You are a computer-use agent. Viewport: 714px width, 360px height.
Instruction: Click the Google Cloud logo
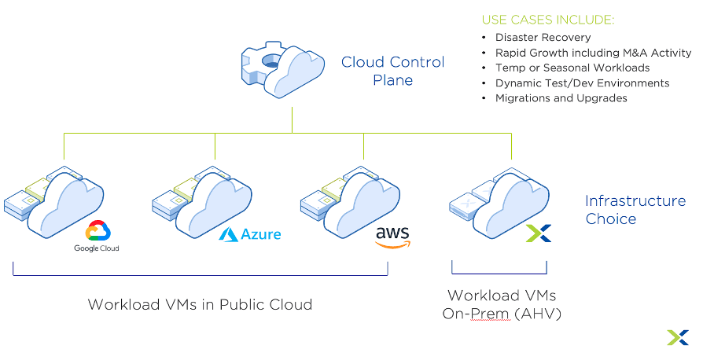point(97,236)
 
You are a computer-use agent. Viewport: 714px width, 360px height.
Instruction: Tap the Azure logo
point(249,234)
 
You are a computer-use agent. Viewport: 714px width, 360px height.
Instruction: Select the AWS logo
point(392,237)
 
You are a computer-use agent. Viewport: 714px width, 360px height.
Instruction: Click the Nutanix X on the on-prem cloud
point(538,233)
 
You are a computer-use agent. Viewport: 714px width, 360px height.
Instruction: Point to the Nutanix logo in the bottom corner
point(677,337)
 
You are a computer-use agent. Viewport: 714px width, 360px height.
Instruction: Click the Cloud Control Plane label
point(392,71)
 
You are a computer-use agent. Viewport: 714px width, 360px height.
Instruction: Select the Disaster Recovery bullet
point(543,37)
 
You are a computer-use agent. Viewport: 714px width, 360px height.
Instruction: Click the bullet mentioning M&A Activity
point(593,53)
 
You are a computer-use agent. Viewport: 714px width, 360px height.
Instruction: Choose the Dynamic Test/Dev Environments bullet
point(582,83)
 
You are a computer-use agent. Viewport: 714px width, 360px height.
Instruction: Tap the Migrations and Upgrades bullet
point(561,98)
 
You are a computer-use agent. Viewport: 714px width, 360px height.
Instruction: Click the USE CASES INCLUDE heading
point(547,18)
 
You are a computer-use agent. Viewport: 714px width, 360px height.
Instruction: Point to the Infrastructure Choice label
point(635,210)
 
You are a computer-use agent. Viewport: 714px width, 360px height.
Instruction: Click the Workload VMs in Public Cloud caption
point(200,304)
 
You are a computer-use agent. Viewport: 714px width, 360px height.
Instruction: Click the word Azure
point(260,235)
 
